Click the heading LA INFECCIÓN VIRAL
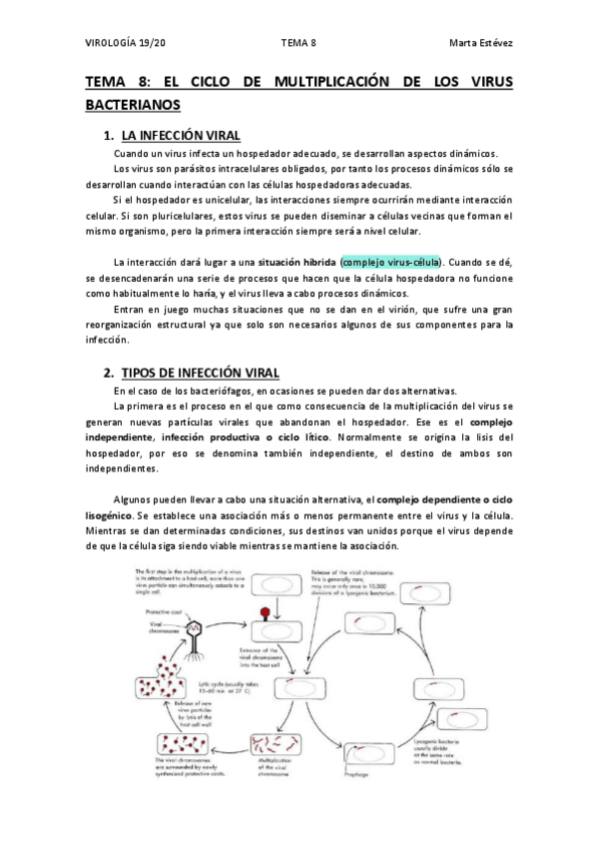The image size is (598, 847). coord(180,135)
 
